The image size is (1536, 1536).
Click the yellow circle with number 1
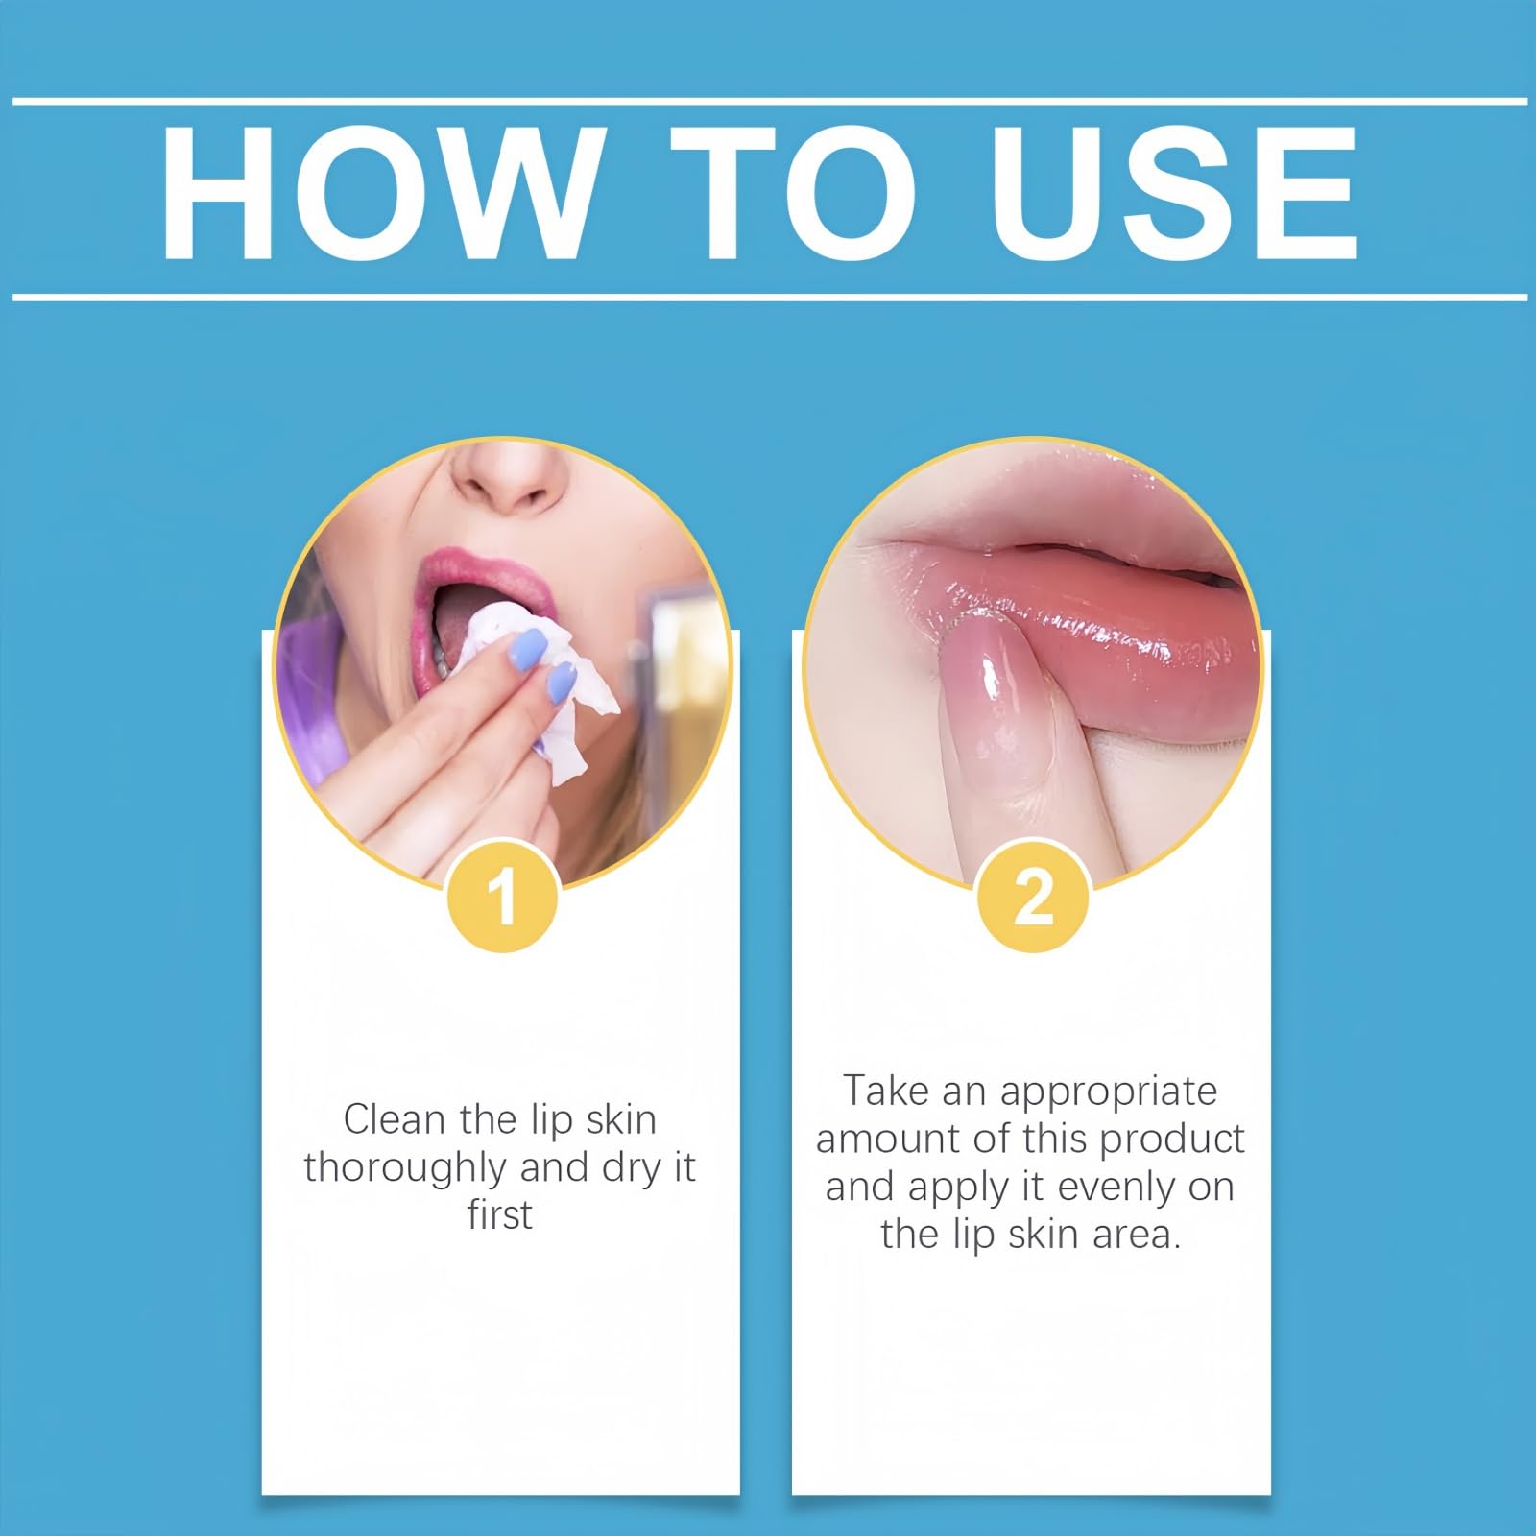click(x=503, y=897)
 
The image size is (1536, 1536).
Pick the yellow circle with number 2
click(x=1033, y=897)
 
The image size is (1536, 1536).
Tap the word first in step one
click(x=499, y=1214)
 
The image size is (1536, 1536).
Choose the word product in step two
click(x=1171, y=1140)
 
